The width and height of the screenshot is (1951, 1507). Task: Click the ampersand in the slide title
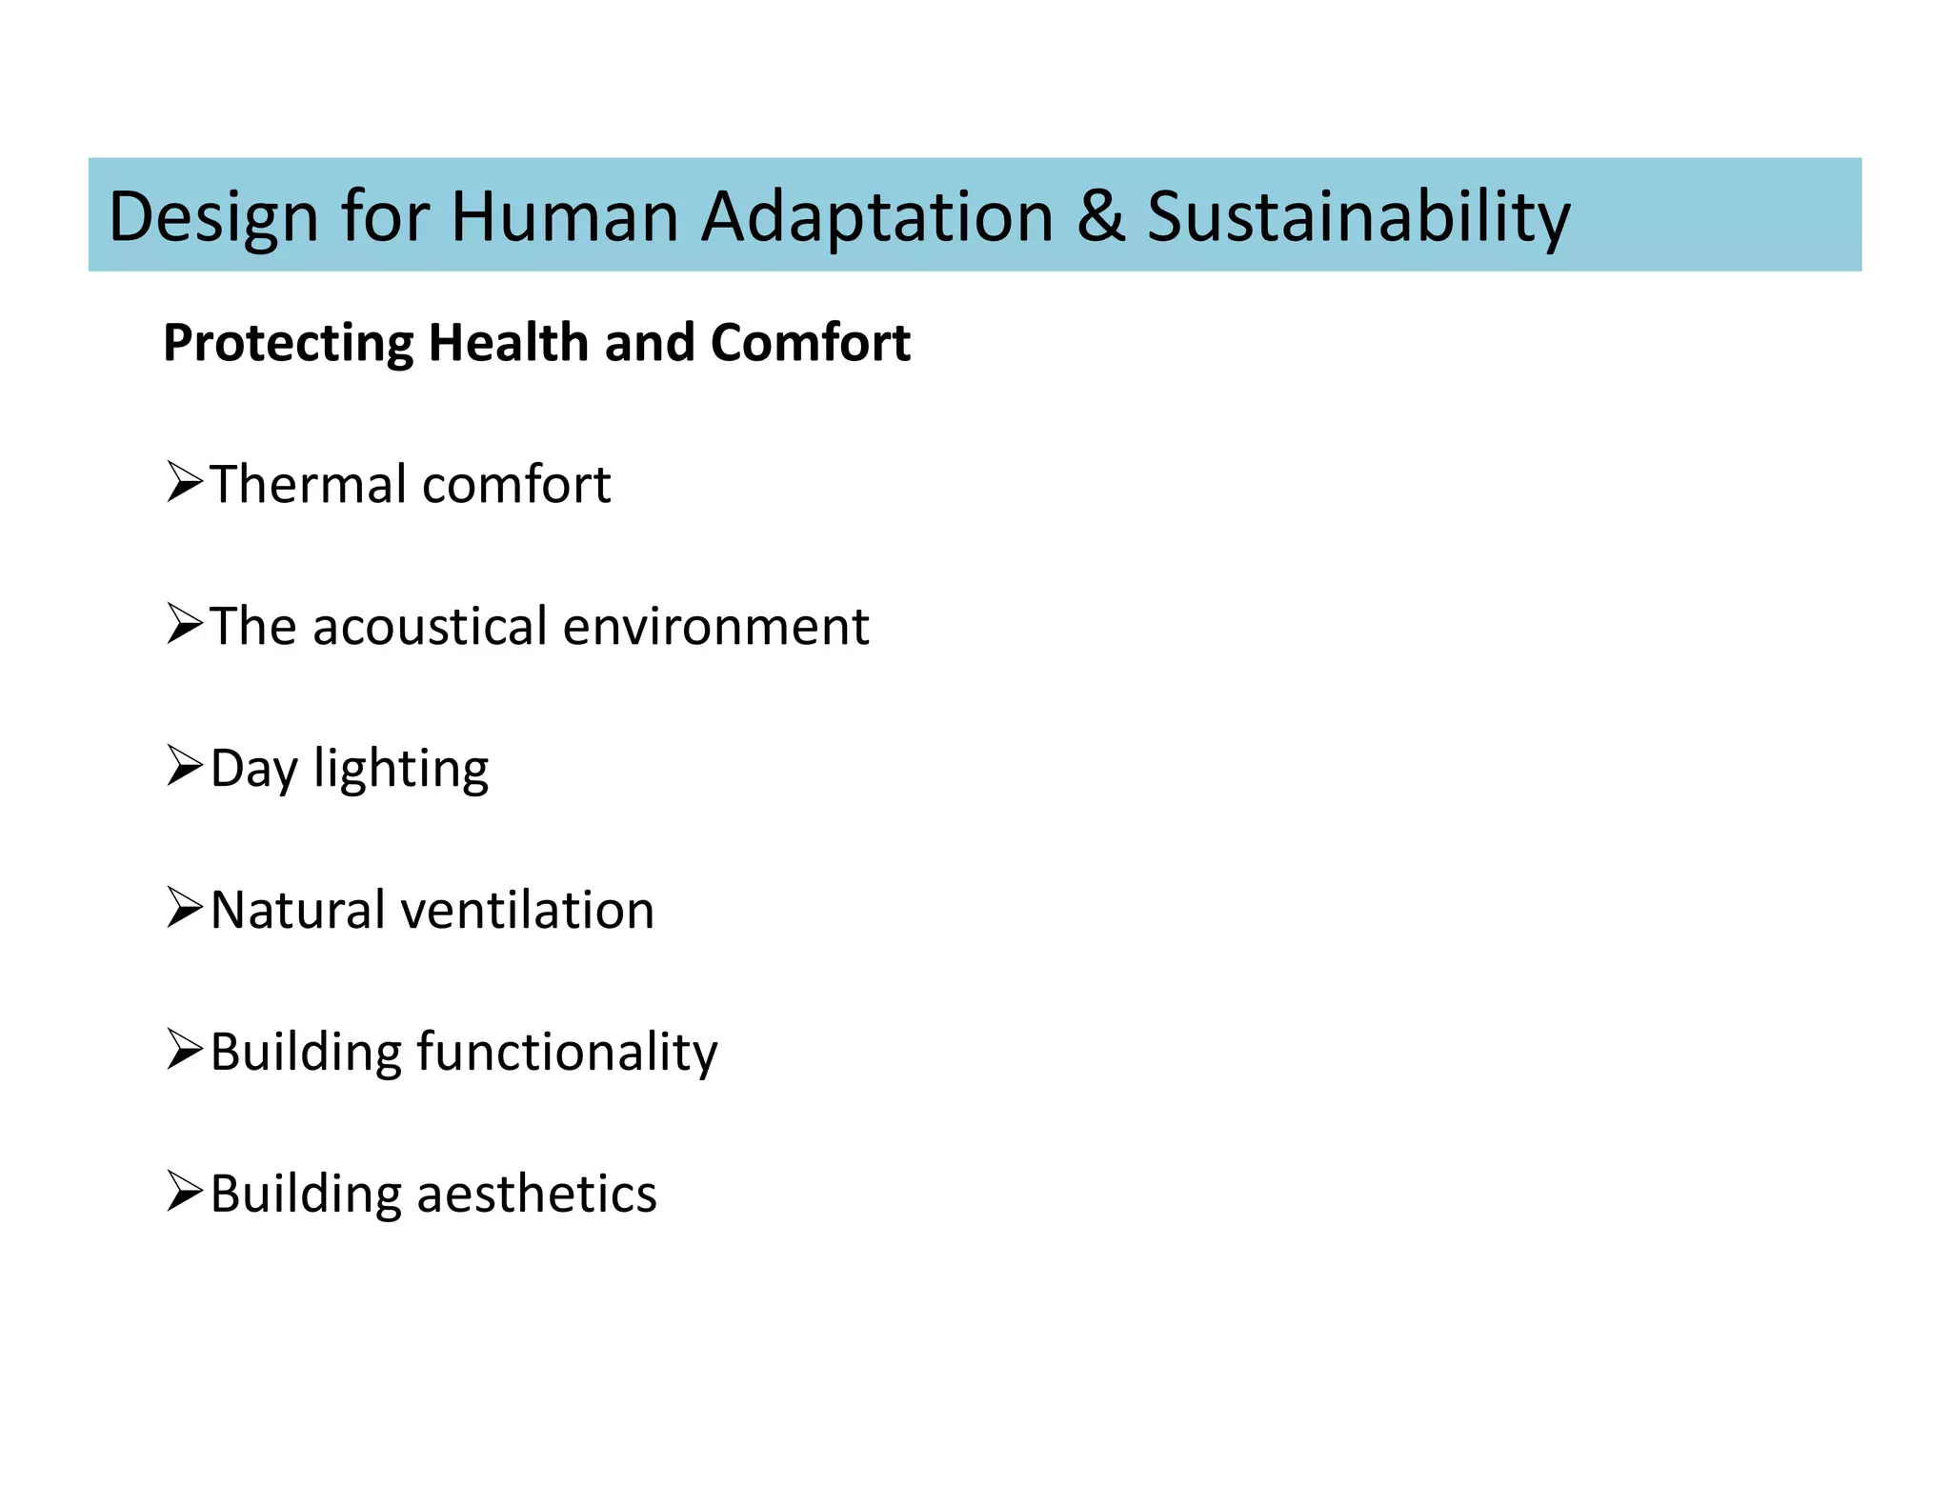tap(1100, 216)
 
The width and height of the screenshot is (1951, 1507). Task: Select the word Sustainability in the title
tap(1358, 218)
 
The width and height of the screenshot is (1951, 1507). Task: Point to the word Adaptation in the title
tap(877, 218)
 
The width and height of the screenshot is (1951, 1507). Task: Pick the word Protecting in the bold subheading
tap(289, 343)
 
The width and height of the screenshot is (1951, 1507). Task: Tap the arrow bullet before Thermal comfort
tap(185, 482)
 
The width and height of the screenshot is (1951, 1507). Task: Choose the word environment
tap(715, 626)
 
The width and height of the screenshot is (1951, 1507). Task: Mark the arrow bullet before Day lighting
tap(185, 766)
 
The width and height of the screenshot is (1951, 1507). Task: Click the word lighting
tap(401, 770)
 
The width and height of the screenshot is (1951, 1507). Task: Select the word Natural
tap(296, 910)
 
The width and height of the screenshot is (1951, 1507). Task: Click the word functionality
tap(567, 1053)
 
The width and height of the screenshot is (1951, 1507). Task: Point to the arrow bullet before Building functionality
tap(185, 1050)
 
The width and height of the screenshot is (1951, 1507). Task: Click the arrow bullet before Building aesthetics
tap(185, 1192)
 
